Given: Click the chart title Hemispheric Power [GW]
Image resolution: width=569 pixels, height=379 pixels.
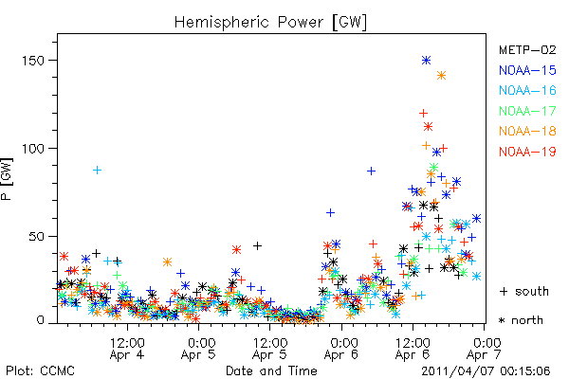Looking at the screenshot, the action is click(270, 23).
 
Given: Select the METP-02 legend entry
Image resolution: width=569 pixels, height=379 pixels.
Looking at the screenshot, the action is click(527, 49).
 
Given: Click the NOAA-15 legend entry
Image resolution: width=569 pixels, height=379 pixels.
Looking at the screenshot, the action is click(527, 70).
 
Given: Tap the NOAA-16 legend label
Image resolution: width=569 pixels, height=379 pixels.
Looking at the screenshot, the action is click(527, 90).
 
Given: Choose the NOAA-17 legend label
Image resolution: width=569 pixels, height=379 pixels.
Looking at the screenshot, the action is click(527, 111).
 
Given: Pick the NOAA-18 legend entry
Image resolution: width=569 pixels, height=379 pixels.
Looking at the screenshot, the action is click(527, 131).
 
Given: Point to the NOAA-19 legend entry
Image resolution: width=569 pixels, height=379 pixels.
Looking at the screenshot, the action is click(527, 152).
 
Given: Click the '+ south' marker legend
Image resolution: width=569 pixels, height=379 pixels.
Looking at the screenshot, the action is click(524, 291).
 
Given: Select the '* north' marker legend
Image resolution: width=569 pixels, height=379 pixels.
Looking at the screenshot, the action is click(521, 320).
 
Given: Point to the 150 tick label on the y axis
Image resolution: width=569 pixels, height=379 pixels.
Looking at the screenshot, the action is click(33, 61).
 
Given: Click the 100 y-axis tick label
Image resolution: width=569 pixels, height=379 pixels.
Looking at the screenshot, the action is click(33, 149).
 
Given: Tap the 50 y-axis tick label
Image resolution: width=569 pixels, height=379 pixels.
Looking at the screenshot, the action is click(37, 237).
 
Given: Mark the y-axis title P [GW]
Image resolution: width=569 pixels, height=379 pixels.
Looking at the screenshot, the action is click(7, 179).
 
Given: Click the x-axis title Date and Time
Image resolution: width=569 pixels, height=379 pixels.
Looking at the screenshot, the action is click(271, 370).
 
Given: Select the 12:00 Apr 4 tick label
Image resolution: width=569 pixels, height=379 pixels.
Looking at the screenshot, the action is click(127, 349).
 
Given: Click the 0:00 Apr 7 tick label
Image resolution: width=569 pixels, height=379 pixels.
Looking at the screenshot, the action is click(485, 349).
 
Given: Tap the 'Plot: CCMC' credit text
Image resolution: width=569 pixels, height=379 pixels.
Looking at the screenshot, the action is click(40, 370).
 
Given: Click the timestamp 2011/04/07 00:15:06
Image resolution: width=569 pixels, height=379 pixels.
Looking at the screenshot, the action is click(486, 371).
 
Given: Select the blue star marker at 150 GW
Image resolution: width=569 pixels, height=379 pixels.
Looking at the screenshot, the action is click(427, 61).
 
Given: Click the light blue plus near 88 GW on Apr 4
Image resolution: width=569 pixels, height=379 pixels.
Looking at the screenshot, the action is click(97, 171).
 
